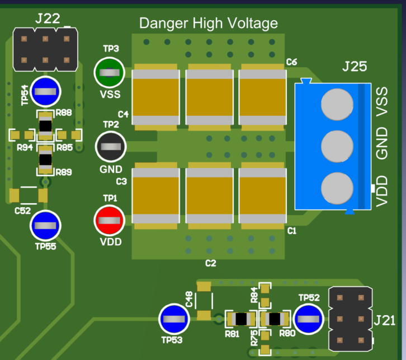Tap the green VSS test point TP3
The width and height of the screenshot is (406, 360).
click(x=109, y=72)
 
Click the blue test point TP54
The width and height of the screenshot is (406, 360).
click(x=45, y=92)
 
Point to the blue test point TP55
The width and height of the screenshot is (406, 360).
click(x=45, y=225)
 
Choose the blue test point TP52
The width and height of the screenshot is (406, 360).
click(x=309, y=319)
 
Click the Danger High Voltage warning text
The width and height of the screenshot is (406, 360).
click(x=208, y=24)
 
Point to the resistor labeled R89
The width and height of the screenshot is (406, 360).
click(x=45, y=160)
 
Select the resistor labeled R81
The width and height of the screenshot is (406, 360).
click(x=241, y=319)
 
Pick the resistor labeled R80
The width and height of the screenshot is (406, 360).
click(x=274, y=319)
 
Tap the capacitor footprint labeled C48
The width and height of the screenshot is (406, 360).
click(x=204, y=302)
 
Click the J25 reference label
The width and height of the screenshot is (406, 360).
click(x=355, y=67)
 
